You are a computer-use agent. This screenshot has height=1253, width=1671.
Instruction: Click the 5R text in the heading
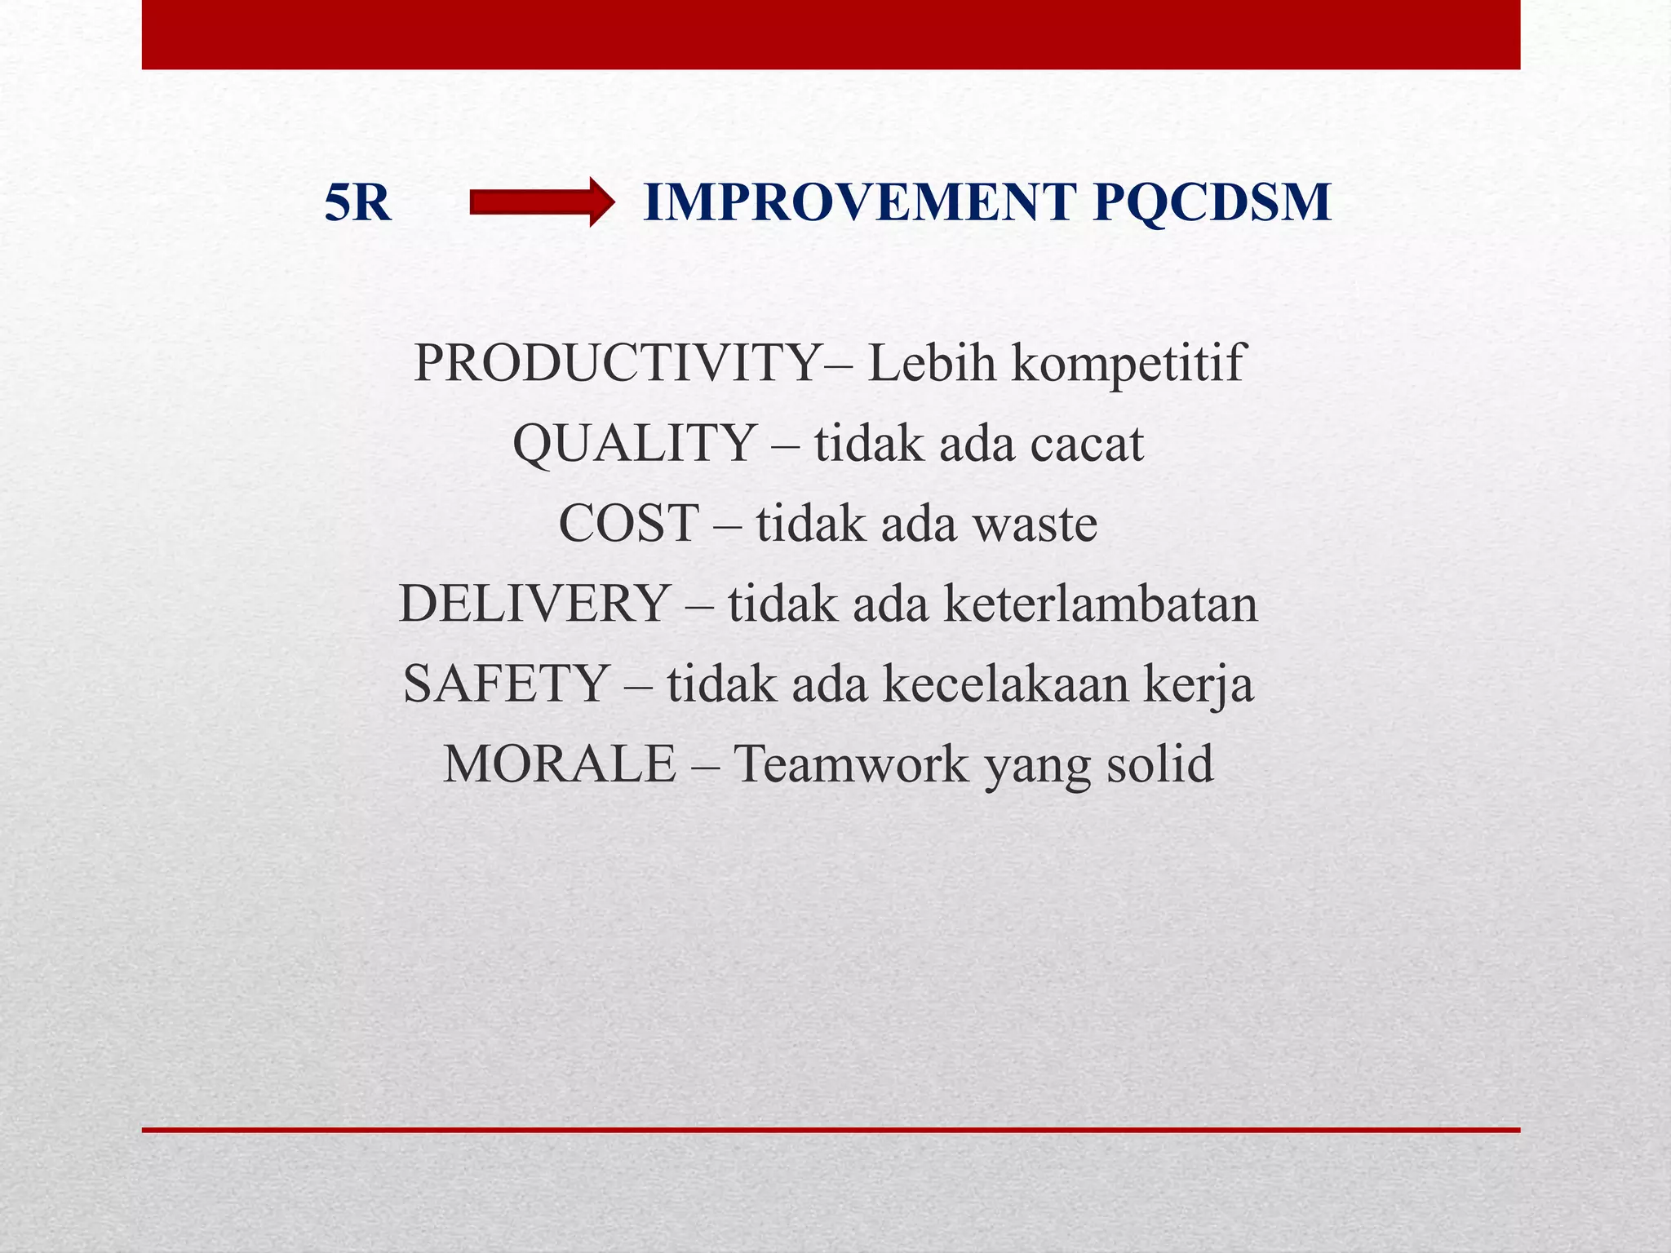coord(357,202)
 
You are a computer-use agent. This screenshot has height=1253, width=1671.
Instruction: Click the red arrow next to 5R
coord(541,202)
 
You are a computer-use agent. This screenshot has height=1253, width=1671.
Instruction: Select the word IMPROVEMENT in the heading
coord(859,202)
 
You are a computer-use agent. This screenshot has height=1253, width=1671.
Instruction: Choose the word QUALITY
coord(633,444)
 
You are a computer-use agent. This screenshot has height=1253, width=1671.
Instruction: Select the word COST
coord(629,523)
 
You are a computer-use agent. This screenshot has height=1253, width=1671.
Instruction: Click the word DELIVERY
coord(534,604)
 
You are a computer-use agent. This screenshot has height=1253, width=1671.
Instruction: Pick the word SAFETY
coord(506,684)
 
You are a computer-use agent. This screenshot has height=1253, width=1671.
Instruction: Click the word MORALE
coord(560,764)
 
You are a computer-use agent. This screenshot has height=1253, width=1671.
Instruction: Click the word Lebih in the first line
coord(932,363)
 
